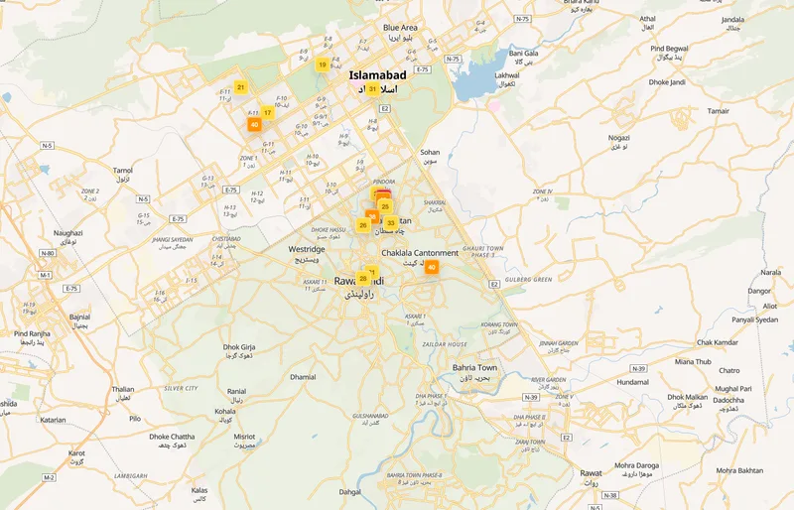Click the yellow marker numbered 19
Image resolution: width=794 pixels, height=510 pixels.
point(322,64)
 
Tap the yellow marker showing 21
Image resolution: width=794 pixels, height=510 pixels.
point(240,87)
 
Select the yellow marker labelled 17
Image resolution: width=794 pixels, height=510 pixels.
point(267,113)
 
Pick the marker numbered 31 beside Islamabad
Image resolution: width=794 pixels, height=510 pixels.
point(372,89)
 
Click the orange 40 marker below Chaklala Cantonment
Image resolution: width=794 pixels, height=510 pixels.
point(431,267)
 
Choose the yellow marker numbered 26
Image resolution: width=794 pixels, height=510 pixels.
point(363,225)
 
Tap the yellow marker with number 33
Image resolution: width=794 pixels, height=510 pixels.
point(391,223)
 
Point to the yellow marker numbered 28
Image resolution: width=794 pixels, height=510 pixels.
point(363,279)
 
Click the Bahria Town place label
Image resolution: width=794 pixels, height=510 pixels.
point(473,368)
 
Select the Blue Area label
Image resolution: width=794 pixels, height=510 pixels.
point(400,28)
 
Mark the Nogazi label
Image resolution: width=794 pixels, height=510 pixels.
point(619,138)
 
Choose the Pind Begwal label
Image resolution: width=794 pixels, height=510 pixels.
point(669,48)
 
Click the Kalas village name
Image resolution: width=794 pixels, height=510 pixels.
point(199,490)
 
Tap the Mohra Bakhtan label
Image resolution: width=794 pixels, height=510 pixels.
point(739,469)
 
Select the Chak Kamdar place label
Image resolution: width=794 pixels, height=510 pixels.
point(718,342)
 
